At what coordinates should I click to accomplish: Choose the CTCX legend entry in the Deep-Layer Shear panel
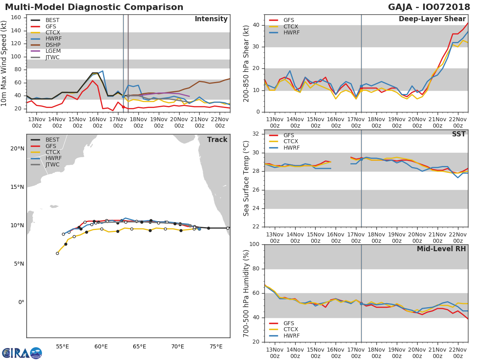[291, 26]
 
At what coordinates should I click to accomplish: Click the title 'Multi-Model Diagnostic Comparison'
[94, 7]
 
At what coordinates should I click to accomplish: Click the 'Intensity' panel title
[211, 19]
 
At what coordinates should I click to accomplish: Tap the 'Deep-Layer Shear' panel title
[432, 19]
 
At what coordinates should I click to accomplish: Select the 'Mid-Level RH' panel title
[441, 249]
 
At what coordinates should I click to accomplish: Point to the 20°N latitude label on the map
[17, 148]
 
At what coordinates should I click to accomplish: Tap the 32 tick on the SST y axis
[256, 134]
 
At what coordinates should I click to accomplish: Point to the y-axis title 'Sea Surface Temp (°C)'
[246, 178]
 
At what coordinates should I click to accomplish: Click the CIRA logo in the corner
[22, 353]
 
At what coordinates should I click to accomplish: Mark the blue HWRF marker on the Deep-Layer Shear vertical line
[361, 86]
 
